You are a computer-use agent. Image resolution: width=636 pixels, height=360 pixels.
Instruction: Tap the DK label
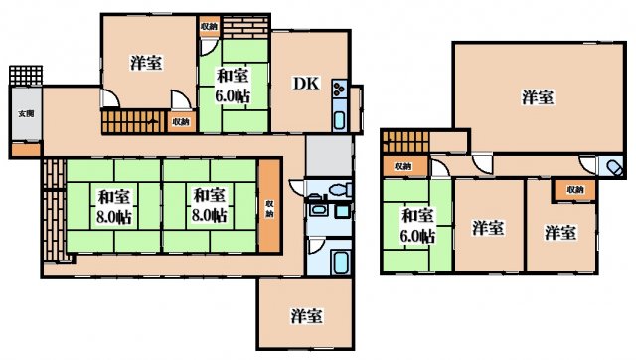pos(305,85)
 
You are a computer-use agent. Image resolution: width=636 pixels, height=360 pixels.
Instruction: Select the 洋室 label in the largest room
pos(538,97)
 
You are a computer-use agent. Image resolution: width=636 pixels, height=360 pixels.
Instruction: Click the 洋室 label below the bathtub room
pos(305,316)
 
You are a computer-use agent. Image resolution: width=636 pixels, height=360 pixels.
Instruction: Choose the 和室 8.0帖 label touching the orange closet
pos(210,204)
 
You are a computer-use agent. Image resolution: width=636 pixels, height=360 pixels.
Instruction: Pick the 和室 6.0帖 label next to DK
pos(234,86)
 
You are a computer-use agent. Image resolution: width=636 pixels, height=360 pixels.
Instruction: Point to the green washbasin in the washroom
pos(319,210)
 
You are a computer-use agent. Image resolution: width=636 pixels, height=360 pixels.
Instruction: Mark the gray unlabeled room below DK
pos(329,154)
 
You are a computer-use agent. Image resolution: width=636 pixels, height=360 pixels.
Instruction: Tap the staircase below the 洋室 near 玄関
pos(129,122)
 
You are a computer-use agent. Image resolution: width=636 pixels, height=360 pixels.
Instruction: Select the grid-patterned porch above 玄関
pos(24,77)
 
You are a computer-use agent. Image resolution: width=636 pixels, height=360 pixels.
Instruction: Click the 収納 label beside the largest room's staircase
pos(402,166)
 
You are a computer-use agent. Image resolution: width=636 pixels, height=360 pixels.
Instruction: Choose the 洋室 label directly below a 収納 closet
pos(560,232)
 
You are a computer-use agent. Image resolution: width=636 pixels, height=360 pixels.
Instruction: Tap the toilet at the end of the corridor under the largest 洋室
pos(613,166)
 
